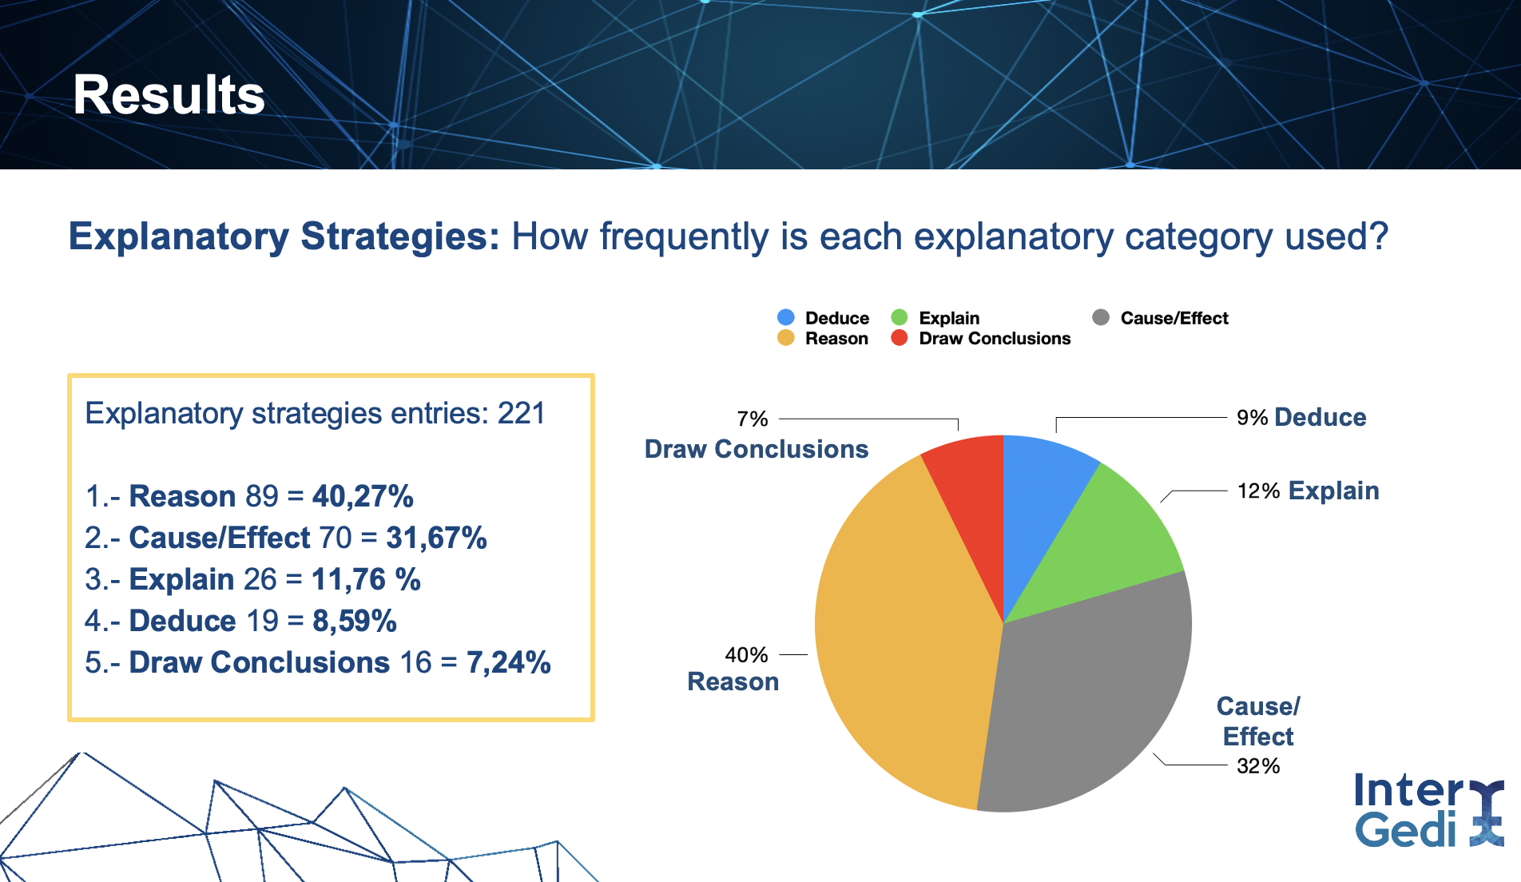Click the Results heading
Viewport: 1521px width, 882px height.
(169, 95)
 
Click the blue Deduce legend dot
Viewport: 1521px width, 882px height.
(786, 317)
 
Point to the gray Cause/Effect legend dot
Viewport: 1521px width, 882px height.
(1101, 317)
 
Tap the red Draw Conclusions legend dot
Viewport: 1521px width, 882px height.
(899, 338)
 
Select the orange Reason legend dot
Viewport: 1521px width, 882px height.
(786, 338)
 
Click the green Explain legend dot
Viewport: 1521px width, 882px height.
(899, 317)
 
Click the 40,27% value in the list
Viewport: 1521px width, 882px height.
(363, 496)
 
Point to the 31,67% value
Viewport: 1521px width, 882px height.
(436, 538)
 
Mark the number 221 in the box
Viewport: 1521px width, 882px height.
(521, 414)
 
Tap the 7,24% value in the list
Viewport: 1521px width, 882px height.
(509, 662)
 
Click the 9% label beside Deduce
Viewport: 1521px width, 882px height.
(1252, 418)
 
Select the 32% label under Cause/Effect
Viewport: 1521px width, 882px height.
(1258, 766)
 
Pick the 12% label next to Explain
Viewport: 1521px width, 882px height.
(1258, 491)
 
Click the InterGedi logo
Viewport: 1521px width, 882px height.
(1429, 810)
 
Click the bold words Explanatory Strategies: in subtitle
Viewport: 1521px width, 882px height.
(284, 236)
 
